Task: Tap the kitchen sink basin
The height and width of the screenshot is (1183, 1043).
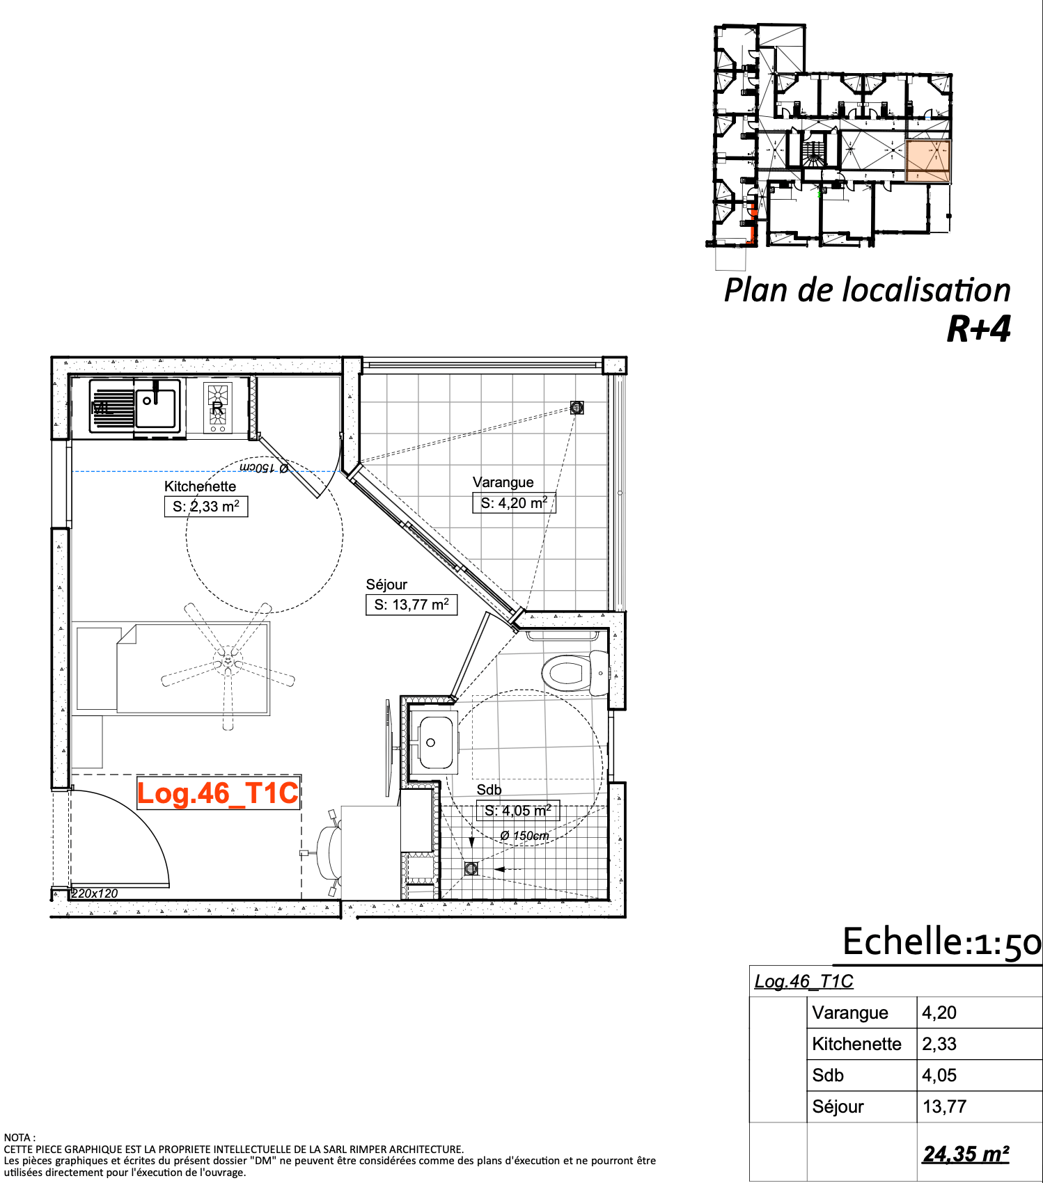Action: [157, 408]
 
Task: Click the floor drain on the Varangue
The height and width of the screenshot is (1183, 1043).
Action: [577, 407]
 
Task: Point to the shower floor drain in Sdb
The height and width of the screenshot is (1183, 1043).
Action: [471, 868]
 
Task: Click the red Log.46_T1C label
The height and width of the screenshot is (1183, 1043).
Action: [218, 793]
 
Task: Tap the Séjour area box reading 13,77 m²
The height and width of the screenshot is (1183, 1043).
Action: [411, 605]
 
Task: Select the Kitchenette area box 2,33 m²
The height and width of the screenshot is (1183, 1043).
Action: [206, 507]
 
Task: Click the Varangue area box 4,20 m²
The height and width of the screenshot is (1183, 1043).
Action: [515, 503]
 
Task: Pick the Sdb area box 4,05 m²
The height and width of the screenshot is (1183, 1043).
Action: [518, 811]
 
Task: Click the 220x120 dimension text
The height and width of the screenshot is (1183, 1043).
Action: [95, 894]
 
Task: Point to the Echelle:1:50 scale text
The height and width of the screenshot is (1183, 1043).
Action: [942, 942]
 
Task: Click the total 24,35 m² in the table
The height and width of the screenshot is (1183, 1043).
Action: [966, 1154]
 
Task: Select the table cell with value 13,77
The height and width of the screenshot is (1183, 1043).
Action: [945, 1106]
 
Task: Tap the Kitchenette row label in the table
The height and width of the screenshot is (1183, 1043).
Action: [857, 1044]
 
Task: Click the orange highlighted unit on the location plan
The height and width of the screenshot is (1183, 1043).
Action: [928, 161]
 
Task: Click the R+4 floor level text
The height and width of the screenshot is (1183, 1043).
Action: [979, 329]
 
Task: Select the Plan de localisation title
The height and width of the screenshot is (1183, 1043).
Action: [868, 290]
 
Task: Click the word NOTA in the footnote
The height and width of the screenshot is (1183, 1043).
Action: [17, 1138]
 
